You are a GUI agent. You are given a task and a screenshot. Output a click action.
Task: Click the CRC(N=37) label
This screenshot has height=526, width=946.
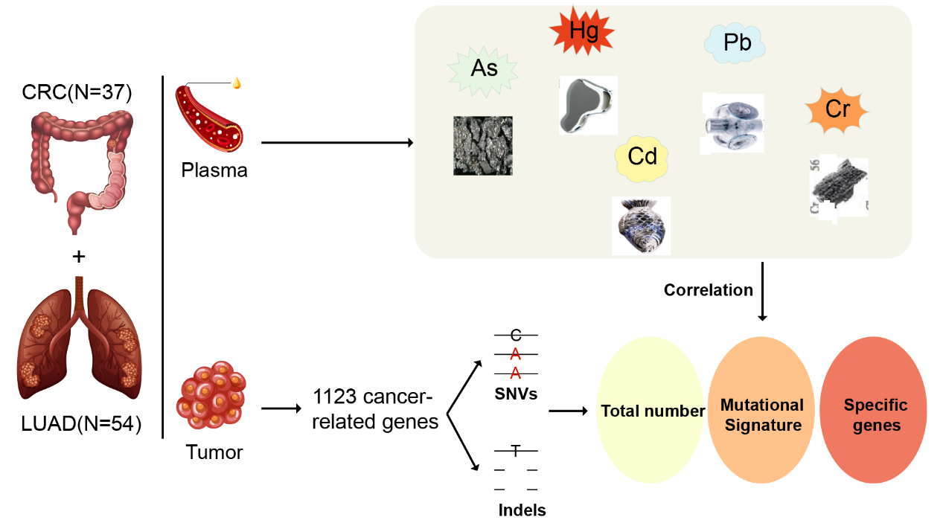point(78,93)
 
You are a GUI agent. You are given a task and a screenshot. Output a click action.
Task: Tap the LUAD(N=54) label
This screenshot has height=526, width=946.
point(80,426)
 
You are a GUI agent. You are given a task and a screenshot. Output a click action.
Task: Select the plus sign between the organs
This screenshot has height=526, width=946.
point(78,256)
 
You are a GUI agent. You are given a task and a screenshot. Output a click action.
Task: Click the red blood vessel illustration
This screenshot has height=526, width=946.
point(208,115)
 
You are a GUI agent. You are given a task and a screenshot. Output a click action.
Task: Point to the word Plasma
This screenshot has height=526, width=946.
point(214,170)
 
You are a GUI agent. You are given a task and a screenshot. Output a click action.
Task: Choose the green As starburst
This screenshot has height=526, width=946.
point(484,69)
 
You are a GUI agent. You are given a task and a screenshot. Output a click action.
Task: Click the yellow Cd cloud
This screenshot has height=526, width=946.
point(642,157)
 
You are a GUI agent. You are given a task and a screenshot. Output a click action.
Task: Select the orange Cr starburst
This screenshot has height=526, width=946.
point(837,110)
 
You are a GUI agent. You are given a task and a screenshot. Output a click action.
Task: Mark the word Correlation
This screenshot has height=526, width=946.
point(709,289)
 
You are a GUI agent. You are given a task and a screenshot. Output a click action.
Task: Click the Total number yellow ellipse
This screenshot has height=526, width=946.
point(652,411)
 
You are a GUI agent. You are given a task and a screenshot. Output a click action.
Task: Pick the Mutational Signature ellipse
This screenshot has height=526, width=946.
point(761,414)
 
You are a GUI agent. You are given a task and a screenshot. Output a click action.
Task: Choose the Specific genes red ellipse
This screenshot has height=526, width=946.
point(875,414)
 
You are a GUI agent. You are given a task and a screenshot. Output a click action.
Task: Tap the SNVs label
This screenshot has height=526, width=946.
point(515,394)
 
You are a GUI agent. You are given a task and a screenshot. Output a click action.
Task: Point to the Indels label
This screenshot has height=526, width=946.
point(522,510)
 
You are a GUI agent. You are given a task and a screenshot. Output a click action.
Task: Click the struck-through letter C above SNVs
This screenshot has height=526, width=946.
point(515,336)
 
